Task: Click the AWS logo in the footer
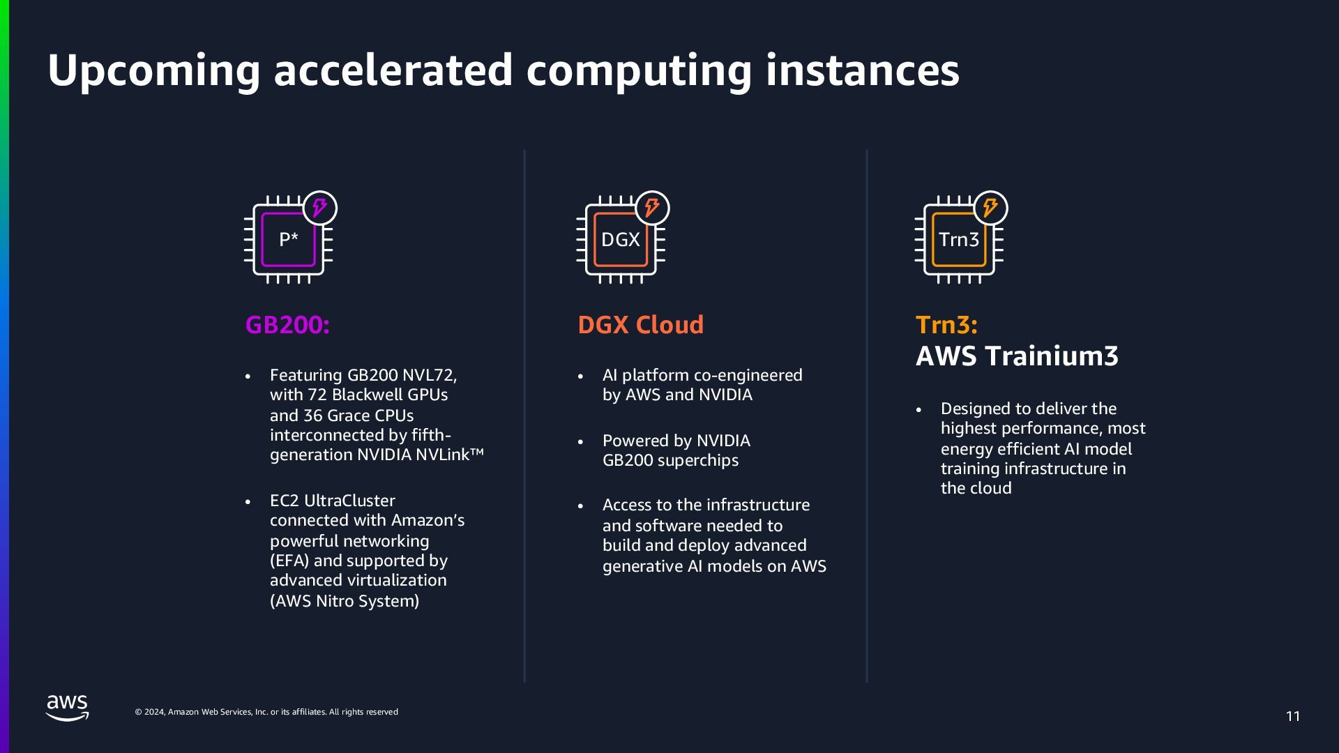68,708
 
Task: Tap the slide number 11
1293,716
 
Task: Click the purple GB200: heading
287,325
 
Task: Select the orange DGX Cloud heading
640,325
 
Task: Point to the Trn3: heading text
946,325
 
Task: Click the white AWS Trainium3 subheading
1016,356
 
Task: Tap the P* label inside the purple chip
288,240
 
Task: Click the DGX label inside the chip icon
620,240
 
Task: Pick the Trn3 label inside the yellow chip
958,240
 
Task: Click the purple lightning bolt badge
320,208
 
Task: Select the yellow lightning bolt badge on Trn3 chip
990,208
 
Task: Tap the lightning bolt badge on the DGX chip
652,208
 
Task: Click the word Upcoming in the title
153,71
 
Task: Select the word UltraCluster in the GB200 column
349,501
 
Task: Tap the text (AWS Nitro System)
345,601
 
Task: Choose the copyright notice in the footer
266,712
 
